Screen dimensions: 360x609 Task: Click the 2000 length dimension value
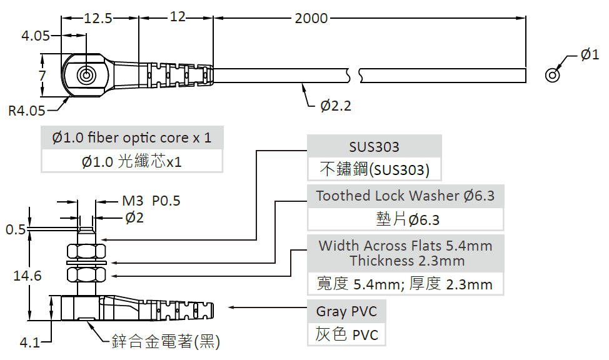pos(311,18)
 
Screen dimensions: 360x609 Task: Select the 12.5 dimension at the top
pos(98,18)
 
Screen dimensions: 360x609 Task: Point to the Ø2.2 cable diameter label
pos(336,106)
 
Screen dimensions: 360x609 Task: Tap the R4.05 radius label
pos(26,111)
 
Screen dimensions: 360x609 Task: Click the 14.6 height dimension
pos(28,276)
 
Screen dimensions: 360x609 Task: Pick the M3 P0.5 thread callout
pos(151,201)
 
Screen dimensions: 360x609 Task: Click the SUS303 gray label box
pos(374,147)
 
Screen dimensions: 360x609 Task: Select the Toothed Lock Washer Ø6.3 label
pos(405,196)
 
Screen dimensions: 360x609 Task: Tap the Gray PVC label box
pos(346,311)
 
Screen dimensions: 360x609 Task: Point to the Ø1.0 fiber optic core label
pos(132,137)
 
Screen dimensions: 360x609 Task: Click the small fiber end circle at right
pos(552,75)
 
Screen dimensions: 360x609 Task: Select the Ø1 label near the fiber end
pos(590,55)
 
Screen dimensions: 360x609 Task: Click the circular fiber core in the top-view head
pos(86,76)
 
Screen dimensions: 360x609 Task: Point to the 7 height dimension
pos(42,76)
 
